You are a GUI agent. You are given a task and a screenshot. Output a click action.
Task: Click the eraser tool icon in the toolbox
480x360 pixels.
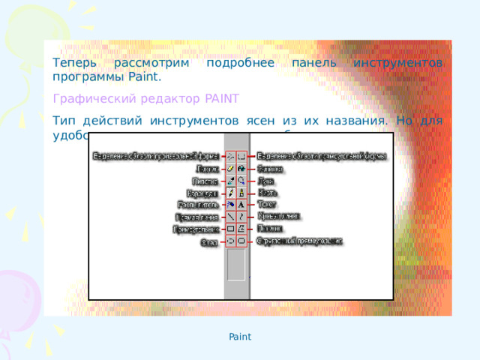click(231, 169)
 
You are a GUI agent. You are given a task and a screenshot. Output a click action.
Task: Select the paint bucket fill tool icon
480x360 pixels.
click(241, 169)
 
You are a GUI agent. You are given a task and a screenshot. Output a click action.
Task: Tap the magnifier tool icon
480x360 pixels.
click(241, 181)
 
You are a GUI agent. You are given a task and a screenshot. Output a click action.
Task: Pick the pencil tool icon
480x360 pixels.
click(231, 193)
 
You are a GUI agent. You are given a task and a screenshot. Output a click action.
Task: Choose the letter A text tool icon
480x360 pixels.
click(241, 204)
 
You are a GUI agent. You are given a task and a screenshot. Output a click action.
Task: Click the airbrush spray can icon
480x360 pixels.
click(231, 204)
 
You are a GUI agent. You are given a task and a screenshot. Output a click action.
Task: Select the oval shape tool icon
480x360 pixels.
click(231, 241)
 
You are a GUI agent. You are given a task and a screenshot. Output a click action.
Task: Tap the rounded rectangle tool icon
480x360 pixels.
click(241, 241)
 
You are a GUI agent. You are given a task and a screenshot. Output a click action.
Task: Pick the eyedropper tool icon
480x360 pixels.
click(231, 181)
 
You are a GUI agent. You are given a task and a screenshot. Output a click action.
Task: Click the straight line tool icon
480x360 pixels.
click(231, 216)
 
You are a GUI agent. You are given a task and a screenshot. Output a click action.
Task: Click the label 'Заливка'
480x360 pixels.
click(271, 169)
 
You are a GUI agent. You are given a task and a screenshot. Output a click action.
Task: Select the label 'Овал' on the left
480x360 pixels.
click(209, 242)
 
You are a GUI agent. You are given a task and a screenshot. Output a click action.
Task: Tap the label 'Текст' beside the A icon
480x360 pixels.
click(267, 204)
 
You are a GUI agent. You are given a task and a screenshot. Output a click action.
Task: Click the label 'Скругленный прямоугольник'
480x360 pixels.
click(300, 241)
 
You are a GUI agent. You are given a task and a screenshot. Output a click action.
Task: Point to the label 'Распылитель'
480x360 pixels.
click(198, 204)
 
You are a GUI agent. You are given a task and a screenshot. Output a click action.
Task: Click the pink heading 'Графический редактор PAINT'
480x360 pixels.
click(145, 99)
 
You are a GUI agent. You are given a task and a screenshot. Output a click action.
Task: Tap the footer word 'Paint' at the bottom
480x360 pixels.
click(240, 337)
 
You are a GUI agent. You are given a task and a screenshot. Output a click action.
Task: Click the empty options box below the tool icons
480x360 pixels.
click(236, 265)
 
